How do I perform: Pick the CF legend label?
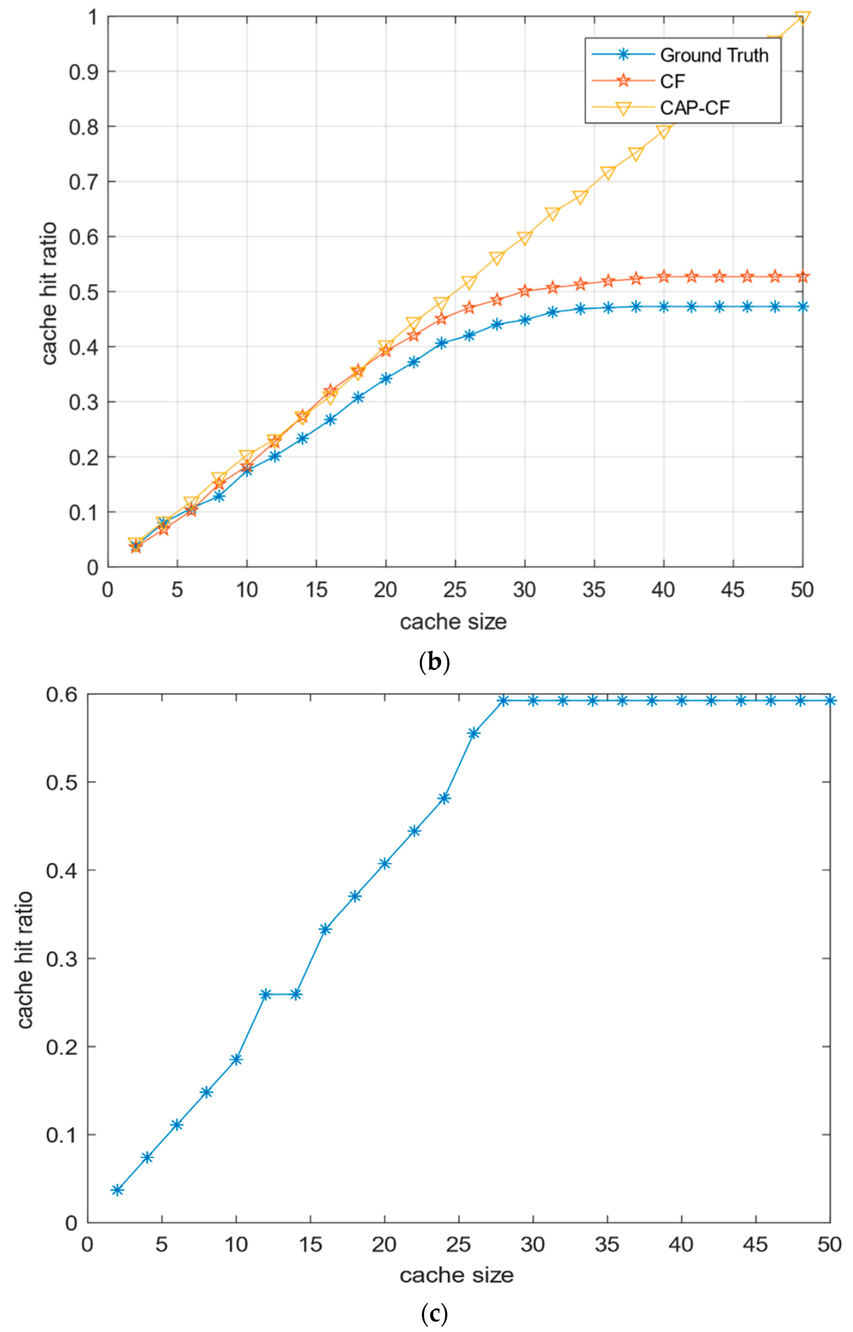[672, 81]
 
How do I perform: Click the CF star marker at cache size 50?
[802, 277]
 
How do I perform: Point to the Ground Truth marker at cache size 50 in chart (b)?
[802, 306]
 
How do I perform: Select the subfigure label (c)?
[434, 1314]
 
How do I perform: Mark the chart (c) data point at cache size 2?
[117, 1190]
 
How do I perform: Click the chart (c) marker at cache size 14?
[296, 994]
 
